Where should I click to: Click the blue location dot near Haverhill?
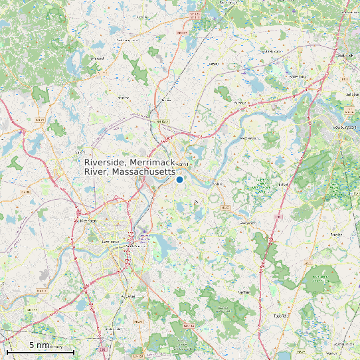tap(179, 179)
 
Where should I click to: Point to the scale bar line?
tap(40, 351)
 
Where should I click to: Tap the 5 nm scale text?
tap(39, 345)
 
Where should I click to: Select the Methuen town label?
tap(88, 221)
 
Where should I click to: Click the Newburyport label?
tap(345, 126)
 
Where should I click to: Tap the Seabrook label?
tap(344, 56)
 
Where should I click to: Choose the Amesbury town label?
tap(296, 76)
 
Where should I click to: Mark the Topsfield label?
tap(280, 316)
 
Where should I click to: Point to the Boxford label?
tap(246, 223)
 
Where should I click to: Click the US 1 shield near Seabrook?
tap(345, 80)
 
